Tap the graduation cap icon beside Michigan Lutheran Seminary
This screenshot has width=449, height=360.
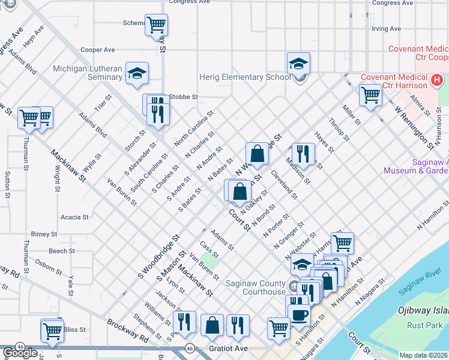click(137, 73)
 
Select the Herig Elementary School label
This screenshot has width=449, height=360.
click(248, 77)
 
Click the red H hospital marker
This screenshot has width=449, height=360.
click(436, 79)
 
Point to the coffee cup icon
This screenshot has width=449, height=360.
click(299, 314)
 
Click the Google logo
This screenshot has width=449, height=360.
click(20, 353)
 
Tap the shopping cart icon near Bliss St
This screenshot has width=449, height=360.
click(52, 331)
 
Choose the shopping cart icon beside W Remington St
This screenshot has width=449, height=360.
click(370, 95)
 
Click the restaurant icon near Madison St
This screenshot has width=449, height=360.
click(303, 153)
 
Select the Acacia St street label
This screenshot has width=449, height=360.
click(74, 217)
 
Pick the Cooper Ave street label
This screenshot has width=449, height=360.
click(97, 50)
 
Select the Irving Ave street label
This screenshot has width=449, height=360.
click(386, 28)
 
